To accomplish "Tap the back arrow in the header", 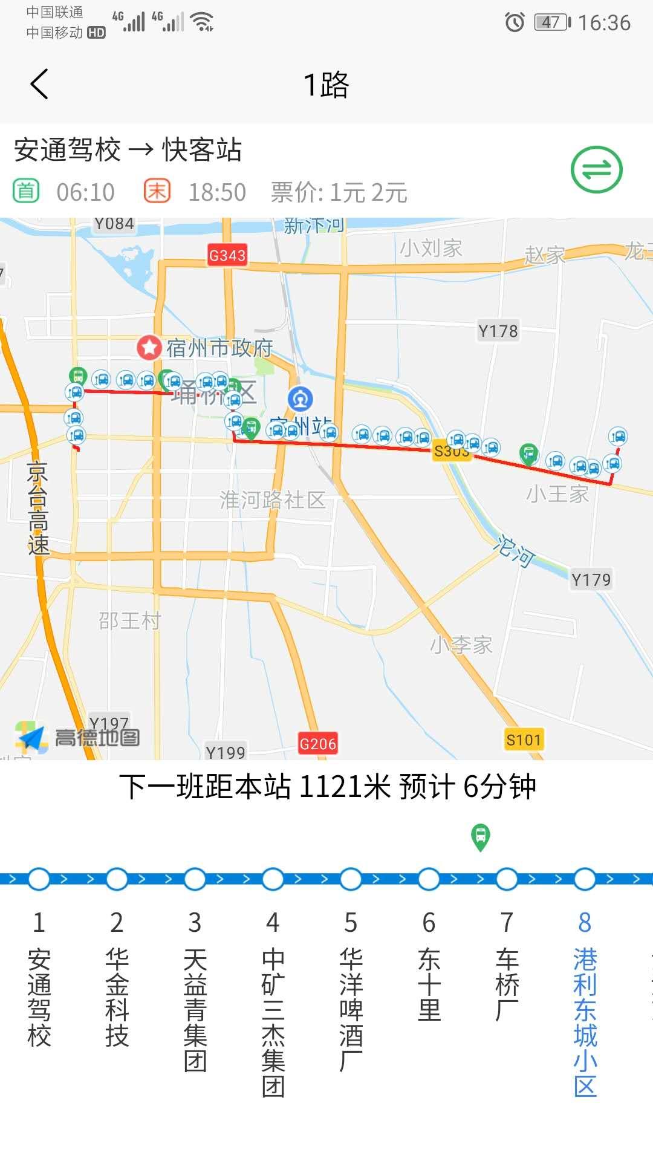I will (39, 84).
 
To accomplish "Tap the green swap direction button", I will (596, 170).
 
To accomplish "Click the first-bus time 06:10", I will (85, 192).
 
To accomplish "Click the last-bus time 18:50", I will (217, 192).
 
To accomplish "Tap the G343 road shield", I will (227, 255).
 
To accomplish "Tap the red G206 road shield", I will (317, 744).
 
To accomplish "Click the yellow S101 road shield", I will (524, 740).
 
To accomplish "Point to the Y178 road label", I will (498, 331).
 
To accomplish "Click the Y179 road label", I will (591, 580).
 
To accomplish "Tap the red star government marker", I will (149, 347).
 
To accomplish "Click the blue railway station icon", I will (301, 399).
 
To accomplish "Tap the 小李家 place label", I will (461, 645).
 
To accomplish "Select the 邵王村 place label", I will (129, 620).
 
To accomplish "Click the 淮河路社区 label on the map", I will (273, 500).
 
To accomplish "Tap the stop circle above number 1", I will (39, 879).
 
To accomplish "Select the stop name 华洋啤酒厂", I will (351, 1009).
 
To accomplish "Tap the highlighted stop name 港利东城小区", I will (585, 1022).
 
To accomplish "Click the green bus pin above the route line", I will (481, 837).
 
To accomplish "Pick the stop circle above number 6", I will (429, 879).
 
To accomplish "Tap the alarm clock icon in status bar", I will (515, 23).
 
